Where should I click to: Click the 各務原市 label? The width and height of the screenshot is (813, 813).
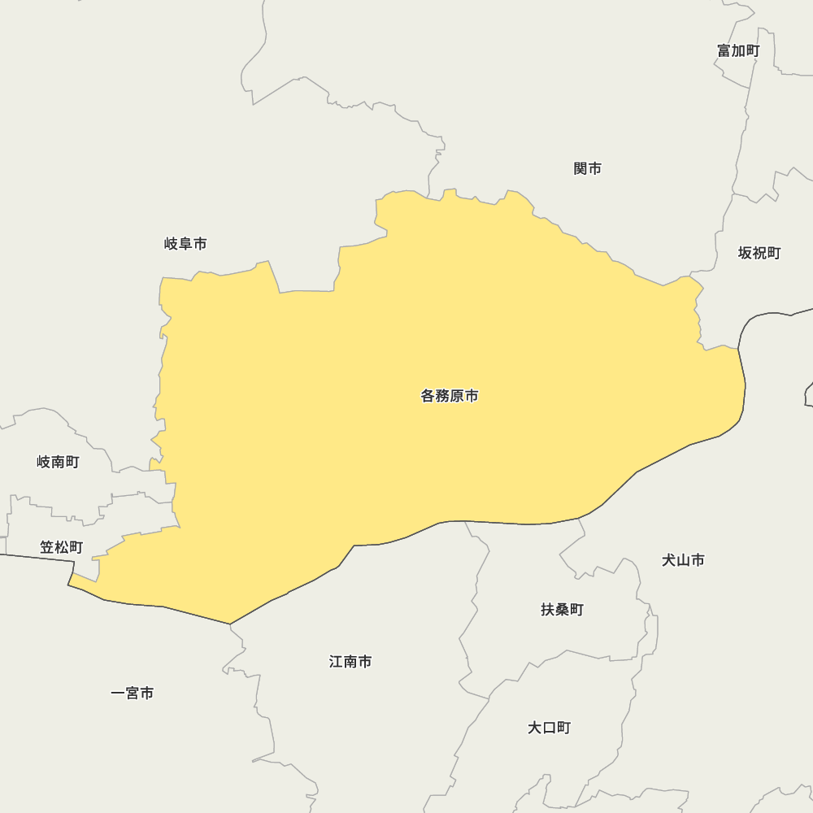(450, 396)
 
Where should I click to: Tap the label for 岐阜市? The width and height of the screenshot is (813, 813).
(185, 243)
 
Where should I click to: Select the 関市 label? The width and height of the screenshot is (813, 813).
(588, 168)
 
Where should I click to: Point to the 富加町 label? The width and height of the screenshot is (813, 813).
(738, 50)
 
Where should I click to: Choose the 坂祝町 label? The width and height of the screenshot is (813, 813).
(759, 253)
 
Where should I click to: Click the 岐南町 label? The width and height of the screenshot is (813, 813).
(59, 462)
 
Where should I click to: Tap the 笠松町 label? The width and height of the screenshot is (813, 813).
(61, 547)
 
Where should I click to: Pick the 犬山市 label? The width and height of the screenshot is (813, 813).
(683, 559)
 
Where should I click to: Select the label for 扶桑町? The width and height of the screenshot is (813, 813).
(563, 609)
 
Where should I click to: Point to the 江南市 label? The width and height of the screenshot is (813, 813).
(350, 661)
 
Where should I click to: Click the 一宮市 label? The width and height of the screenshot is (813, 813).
(133, 693)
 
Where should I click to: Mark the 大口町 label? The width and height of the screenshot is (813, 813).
(550, 727)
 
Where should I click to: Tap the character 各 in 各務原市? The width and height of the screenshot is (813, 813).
(428, 396)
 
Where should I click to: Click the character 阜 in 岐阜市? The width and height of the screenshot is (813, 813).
(185, 243)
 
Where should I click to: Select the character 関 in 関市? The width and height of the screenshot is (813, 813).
(580, 168)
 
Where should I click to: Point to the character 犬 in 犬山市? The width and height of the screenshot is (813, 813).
(668, 559)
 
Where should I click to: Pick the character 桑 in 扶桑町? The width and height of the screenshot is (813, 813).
(563, 609)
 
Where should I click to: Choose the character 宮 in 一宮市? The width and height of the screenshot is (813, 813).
(133, 693)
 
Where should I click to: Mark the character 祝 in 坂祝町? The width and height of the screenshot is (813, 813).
(759, 253)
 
